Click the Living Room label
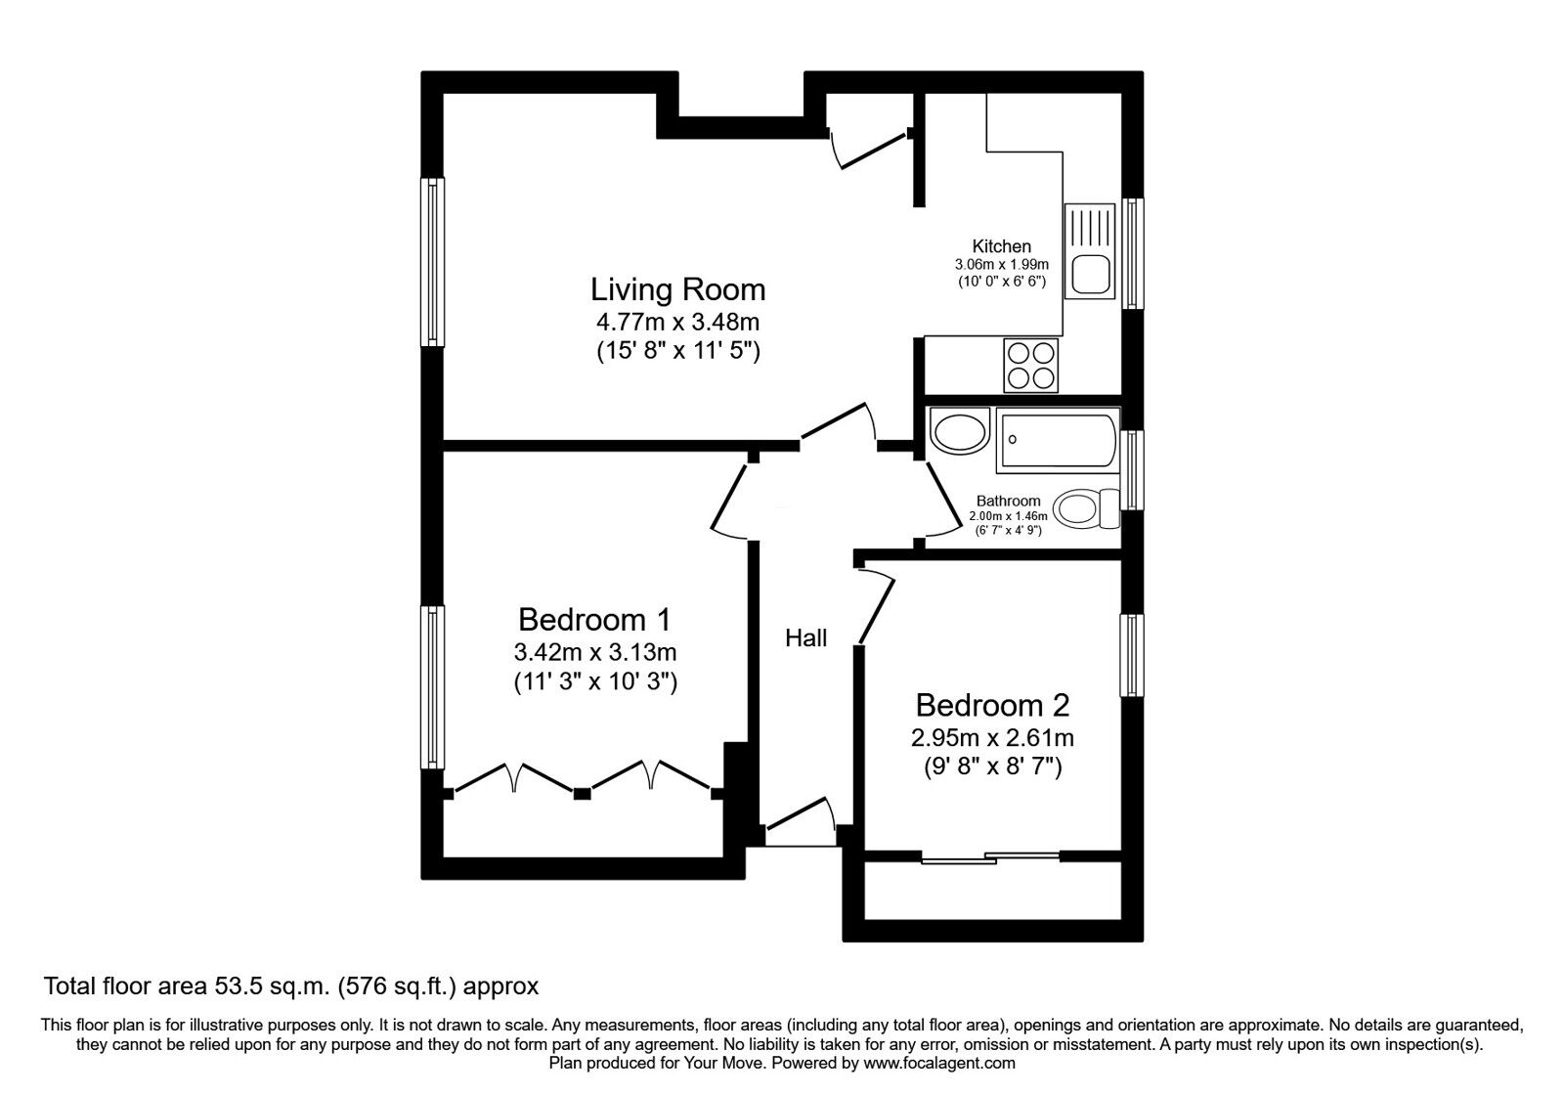[x=678, y=289]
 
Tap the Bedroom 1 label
[x=595, y=620]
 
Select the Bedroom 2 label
[x=992, y=705]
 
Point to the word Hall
[x=805, y=637]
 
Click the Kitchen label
[x=1001, y=245]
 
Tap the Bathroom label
[x=1008, y=501]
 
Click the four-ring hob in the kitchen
[x=1030, y=366]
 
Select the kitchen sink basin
[x=1092, y=274]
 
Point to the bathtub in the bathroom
[x=1059, y=440]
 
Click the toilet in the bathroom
[x=1086, y=508]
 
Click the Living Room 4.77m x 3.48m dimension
[x=677, y=322]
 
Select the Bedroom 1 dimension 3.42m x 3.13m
[x=595, y=652]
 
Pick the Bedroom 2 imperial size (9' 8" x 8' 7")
[x=992, y=767]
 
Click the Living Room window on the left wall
[x=433, y=262]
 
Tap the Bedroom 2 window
[x=1132, y=655]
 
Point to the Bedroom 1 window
[x=433, y=687]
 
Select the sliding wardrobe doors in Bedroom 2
[x=991, y=856]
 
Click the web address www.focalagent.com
[x=939, y=1064]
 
